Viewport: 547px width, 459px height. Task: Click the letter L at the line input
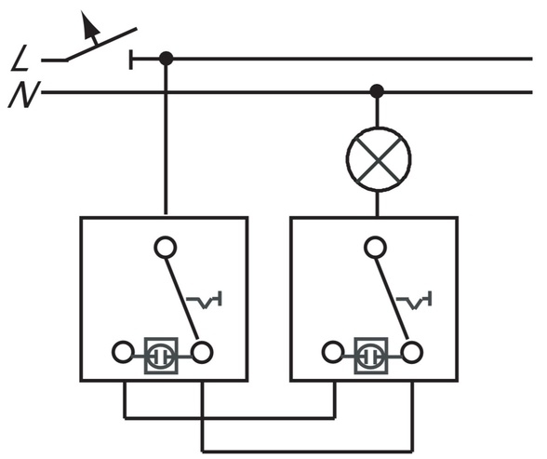coord(20,58)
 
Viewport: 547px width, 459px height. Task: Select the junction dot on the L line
coord(166,59)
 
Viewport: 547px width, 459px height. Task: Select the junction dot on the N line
coord(377,91)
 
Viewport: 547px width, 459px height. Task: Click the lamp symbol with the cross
coord(379,159)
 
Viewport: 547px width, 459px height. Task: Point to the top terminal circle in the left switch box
coord(166,247)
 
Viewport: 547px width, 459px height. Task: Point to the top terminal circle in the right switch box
coord(376,247)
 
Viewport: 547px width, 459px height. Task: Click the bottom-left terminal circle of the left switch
coord(123,352)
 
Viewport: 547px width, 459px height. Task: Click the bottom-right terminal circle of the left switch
coord(202,352)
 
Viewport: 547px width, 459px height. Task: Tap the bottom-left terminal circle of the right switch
coord(333,352)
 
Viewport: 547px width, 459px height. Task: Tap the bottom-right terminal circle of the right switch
coord(412,352)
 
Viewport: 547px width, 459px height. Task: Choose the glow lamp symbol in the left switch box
coord(161,356)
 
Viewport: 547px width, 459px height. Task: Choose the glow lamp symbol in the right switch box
coord(371,356)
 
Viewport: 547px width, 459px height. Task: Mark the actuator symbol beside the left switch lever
coord(205,300)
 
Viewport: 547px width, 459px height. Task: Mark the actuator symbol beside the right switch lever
coord(415,300)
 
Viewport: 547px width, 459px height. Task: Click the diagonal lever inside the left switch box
coord(181,299)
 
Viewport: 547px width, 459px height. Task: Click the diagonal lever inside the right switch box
coord(392,299)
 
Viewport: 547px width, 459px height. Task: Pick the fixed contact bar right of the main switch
coord(131,60)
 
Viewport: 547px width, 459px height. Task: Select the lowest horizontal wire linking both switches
coord(308,451)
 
